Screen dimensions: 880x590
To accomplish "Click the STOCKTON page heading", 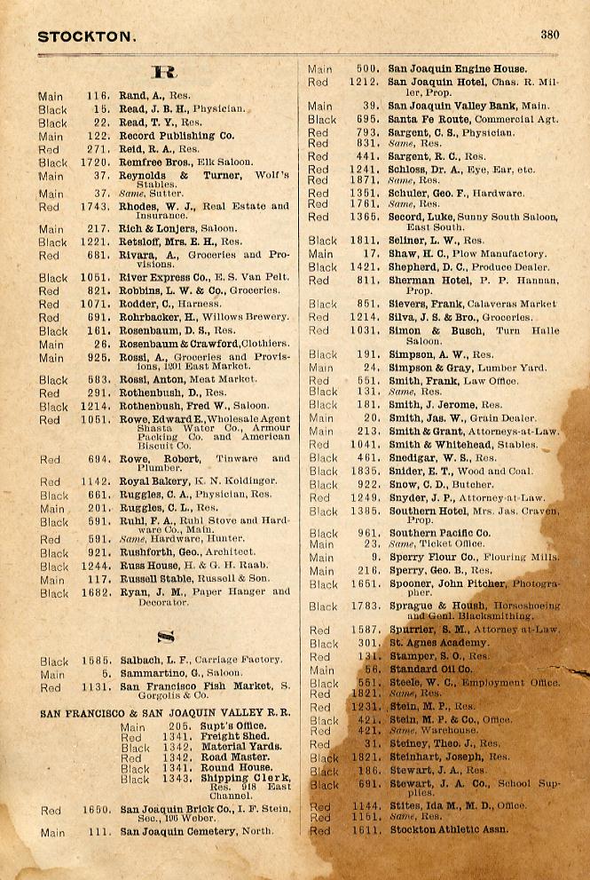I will point(87,37).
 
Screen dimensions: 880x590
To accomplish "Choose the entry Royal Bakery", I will point(156,481).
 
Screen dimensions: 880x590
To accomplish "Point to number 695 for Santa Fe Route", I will point(368,119).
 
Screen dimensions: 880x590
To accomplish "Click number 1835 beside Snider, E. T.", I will point(366,472).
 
